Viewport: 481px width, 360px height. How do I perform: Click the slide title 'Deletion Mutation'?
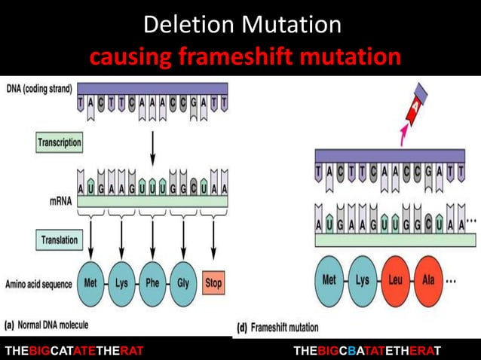(242, 25)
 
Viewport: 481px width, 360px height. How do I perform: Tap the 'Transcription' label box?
(60, 142)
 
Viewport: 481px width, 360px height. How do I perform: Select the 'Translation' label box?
(60, 239)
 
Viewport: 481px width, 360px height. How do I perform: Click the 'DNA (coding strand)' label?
(38, 88)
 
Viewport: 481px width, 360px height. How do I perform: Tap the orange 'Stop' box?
(214, 283)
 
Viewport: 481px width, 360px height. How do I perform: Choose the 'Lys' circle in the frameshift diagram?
(363, 279)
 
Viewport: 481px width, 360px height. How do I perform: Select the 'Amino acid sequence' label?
(38, 284)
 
